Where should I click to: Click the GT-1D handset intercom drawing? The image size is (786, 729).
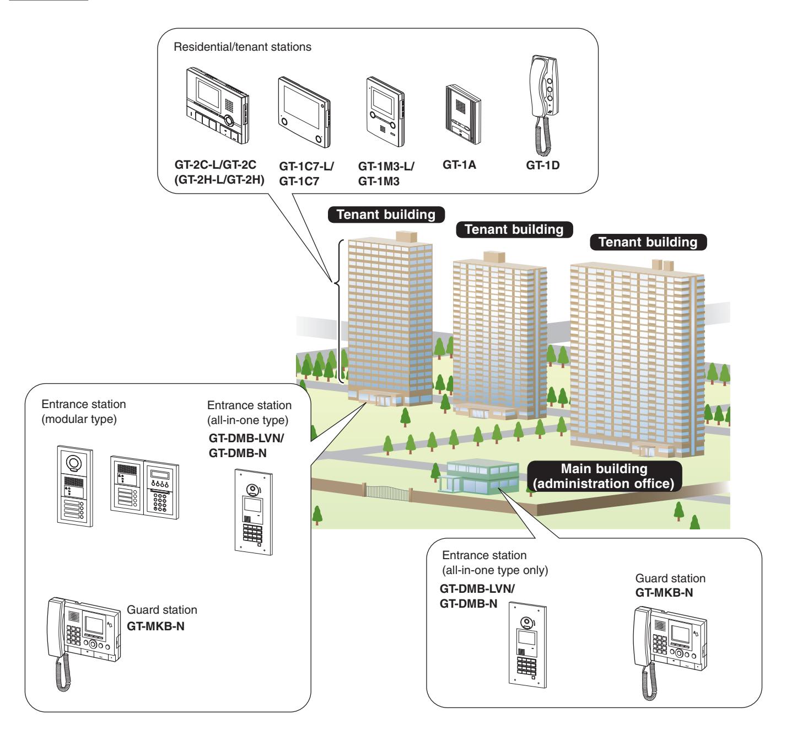(544, 105)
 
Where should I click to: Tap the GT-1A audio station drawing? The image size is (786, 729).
(463, 114)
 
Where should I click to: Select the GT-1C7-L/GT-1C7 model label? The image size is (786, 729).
(306, 174)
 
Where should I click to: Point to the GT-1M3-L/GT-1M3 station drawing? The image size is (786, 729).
(385, 112)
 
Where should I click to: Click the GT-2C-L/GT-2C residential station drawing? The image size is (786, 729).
(218, 105)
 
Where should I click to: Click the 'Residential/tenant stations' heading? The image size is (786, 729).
(242, 47)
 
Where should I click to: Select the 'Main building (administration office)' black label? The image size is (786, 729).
(604, 476)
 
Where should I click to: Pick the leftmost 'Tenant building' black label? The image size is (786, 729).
(386, 215)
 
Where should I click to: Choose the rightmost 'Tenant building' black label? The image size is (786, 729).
(648, 242)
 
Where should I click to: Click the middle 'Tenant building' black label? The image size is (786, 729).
(514, 229)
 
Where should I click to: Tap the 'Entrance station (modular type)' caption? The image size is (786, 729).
(84, 411)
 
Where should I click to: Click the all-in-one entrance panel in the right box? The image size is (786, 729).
(527, 645)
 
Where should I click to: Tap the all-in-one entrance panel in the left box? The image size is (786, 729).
(254, 512)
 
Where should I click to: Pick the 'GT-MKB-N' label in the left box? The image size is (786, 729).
(155, 626)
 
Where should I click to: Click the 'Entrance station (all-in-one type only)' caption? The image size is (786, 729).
(495, 562)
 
